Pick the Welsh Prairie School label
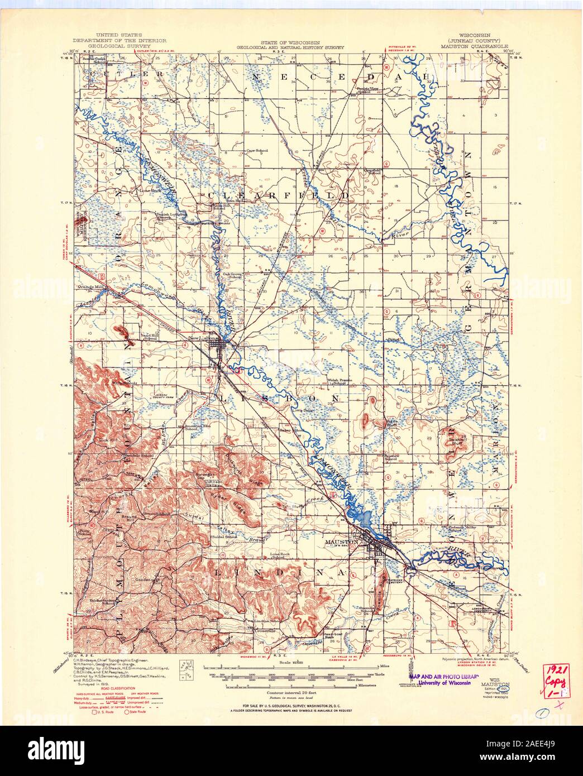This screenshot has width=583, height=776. coord(337,382)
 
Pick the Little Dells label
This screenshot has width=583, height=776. coord(300,410)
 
